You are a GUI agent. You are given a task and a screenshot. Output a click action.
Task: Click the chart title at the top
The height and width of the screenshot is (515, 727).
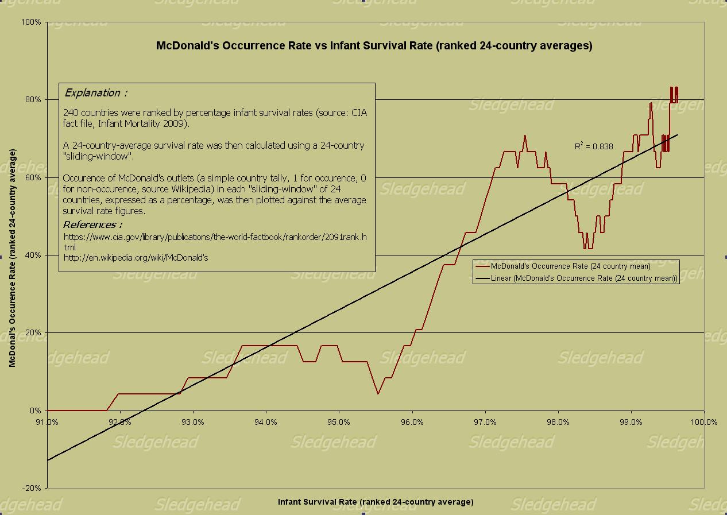click(x=374, y=46)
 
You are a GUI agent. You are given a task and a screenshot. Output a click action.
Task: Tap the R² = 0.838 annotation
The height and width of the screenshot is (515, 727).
click(x=594, y=146)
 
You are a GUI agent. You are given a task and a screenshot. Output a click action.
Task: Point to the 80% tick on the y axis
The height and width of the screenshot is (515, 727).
click(x=33, y=100)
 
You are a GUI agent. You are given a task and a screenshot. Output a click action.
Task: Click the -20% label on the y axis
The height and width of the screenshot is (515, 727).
click(x=32, y=488)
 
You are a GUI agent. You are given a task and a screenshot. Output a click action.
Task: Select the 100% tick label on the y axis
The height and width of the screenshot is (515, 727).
click(x=30, y=22)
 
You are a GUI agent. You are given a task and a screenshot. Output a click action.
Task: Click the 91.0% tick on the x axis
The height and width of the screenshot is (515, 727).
click(x=47, y=422)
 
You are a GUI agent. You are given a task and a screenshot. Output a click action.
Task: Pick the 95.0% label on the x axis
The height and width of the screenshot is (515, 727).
click(x=339, y=422)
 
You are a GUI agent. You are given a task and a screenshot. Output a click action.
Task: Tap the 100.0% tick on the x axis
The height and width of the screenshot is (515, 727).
click(x=703, y=422)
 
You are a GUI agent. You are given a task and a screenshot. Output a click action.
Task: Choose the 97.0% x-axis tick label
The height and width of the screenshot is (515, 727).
click(x=485, y=422)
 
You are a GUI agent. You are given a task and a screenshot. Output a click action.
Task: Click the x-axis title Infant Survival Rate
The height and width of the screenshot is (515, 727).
click(x=376, y=502)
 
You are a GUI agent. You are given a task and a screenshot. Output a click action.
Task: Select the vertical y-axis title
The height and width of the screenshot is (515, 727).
click(x=12, y=258)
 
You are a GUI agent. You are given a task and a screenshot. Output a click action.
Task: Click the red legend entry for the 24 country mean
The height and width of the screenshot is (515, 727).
click(x=570, y=266)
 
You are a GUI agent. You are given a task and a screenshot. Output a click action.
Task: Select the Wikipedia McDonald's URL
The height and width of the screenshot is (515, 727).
click(x=136, y=258)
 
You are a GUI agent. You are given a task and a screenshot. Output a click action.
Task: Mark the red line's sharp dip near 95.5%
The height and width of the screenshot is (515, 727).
click(x=378, y=393)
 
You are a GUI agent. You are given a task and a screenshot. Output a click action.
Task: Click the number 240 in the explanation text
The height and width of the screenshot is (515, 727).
click(x=71, y=113)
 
